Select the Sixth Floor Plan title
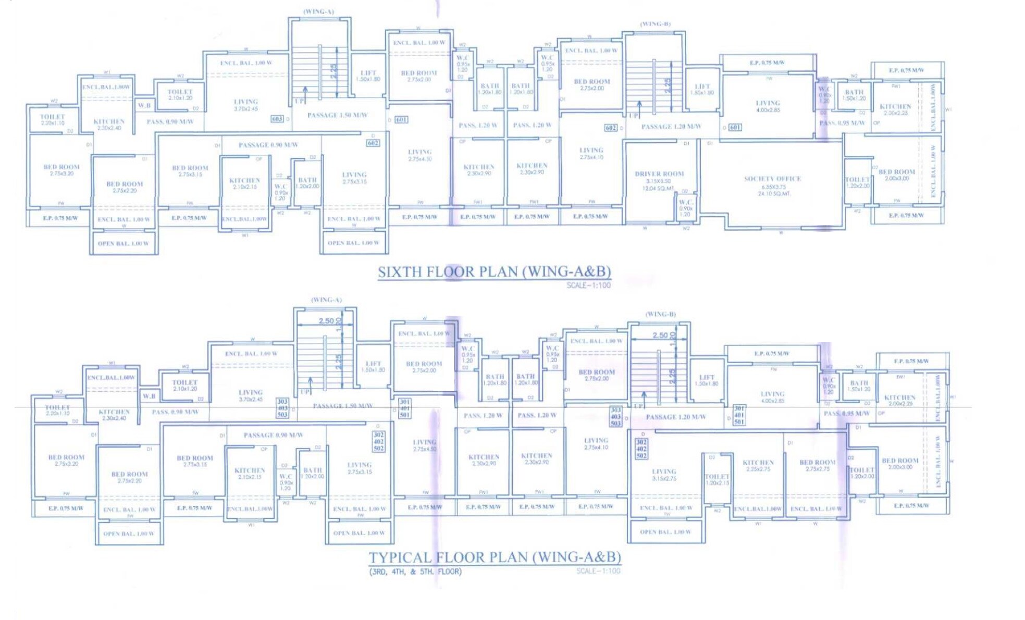[494, 272]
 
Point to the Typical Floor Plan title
[495, 557]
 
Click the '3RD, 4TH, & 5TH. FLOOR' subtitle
[415, 572]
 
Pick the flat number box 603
[277, 119]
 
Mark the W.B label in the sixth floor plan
[144, 105]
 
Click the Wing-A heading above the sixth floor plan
[318, 11]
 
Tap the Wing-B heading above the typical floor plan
[660, 314]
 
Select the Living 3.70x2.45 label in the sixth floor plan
[246, 105]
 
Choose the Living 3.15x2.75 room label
[664, 474]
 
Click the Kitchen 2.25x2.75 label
[758, 465]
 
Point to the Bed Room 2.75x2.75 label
[817, 465]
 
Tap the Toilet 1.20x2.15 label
[717, 479]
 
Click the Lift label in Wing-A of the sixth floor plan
[368, 76]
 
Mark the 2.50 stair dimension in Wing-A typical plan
[326, 321]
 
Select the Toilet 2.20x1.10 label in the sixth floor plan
[53, 120]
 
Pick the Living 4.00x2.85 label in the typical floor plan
[772, 397]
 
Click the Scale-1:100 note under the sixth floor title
[588, 286]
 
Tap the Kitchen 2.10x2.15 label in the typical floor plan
[250, 473]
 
